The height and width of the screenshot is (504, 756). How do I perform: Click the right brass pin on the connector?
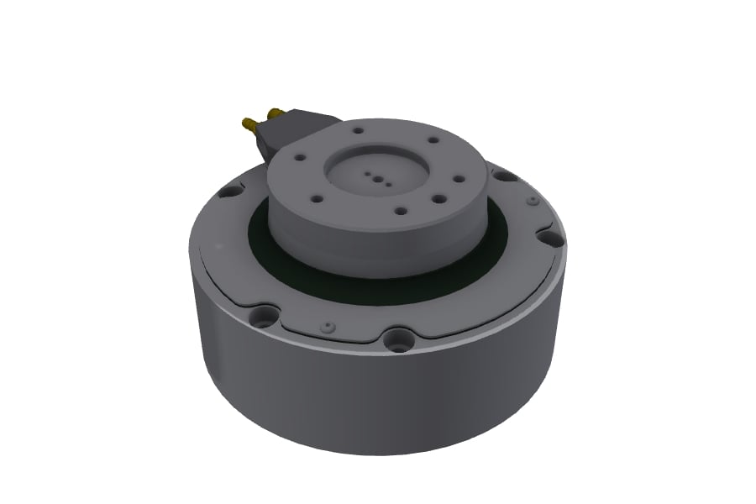(x=274, y=112)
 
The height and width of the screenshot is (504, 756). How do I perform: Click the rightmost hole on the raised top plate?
(x=459, y=177)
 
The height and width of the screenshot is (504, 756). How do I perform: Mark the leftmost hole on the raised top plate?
(x=298, y=156)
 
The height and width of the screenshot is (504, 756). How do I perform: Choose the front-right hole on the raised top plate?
(x=440, y=198)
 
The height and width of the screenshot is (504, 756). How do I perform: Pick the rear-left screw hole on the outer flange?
(x=226, y=191)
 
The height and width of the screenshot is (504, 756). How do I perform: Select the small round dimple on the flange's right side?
(x=533, y=202)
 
